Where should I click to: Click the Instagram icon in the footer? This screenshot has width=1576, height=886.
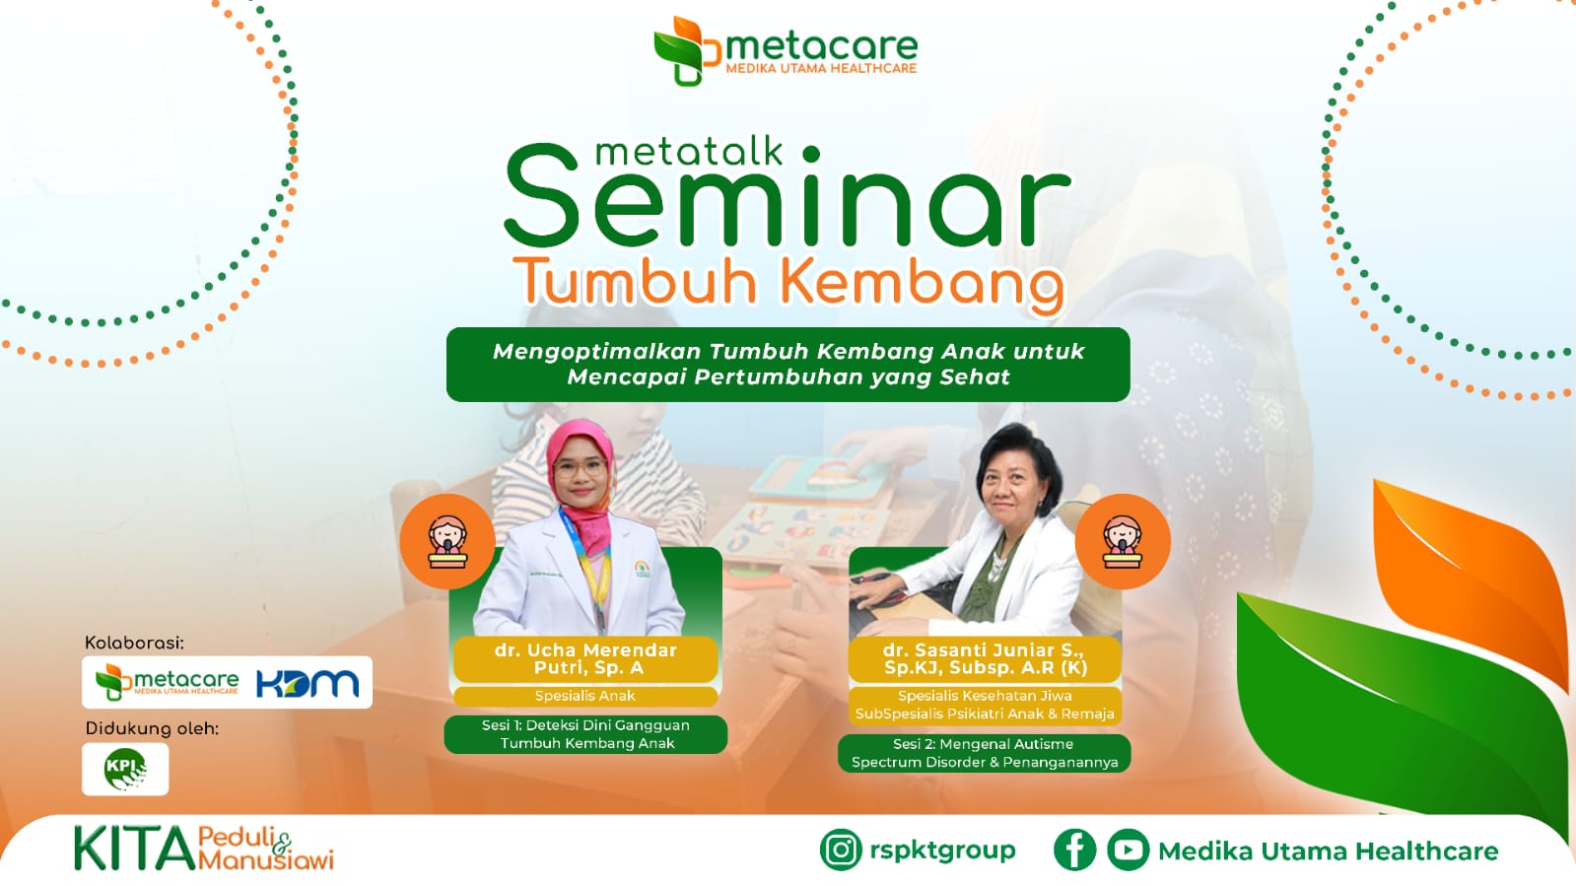[841, 850]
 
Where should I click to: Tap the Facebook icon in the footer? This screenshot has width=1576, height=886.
[1074, 850]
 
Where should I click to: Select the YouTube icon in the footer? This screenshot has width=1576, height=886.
[1128, 850]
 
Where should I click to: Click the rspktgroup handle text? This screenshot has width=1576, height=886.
[941, 850]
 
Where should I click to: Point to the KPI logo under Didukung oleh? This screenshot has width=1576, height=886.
[125, 769]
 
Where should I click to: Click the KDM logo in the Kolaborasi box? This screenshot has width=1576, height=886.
[307, 683]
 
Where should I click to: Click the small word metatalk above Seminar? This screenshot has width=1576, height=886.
[689, 152]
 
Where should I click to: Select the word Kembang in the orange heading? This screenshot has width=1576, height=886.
[922, 283]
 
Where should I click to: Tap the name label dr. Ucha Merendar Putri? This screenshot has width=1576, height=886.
[585, 658]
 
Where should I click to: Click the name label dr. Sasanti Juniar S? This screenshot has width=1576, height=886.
[985, 658]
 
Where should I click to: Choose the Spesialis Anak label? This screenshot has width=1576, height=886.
[585, 696]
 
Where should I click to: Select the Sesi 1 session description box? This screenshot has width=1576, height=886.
[586, 734]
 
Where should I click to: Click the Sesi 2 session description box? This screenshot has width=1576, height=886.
[985, 753]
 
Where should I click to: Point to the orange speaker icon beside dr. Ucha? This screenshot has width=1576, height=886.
[447, 541]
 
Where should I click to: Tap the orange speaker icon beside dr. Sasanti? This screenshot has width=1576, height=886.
[1122, 541]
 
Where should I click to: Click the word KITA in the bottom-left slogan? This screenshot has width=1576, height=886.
[135, 849]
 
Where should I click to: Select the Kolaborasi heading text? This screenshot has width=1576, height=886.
[134, 643]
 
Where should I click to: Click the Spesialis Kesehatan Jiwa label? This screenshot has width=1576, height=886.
[985, 696]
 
